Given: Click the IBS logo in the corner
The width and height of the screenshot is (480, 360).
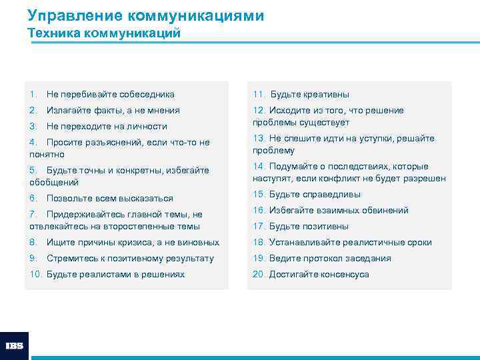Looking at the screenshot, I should (14, 346).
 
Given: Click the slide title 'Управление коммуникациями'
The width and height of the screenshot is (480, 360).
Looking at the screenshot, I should (145, 15).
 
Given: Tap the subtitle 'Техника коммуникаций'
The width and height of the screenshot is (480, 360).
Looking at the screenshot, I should (104, 33).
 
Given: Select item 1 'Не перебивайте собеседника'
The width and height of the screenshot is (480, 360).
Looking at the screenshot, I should (110, 95).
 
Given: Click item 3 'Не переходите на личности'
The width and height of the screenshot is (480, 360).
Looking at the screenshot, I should (107, 127).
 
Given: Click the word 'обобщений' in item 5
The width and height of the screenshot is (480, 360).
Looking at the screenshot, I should (54, 182).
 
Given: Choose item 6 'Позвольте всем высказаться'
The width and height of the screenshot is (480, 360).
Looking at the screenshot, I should (109, 199).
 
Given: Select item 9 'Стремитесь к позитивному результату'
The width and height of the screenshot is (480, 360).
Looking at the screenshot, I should (130, 259).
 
